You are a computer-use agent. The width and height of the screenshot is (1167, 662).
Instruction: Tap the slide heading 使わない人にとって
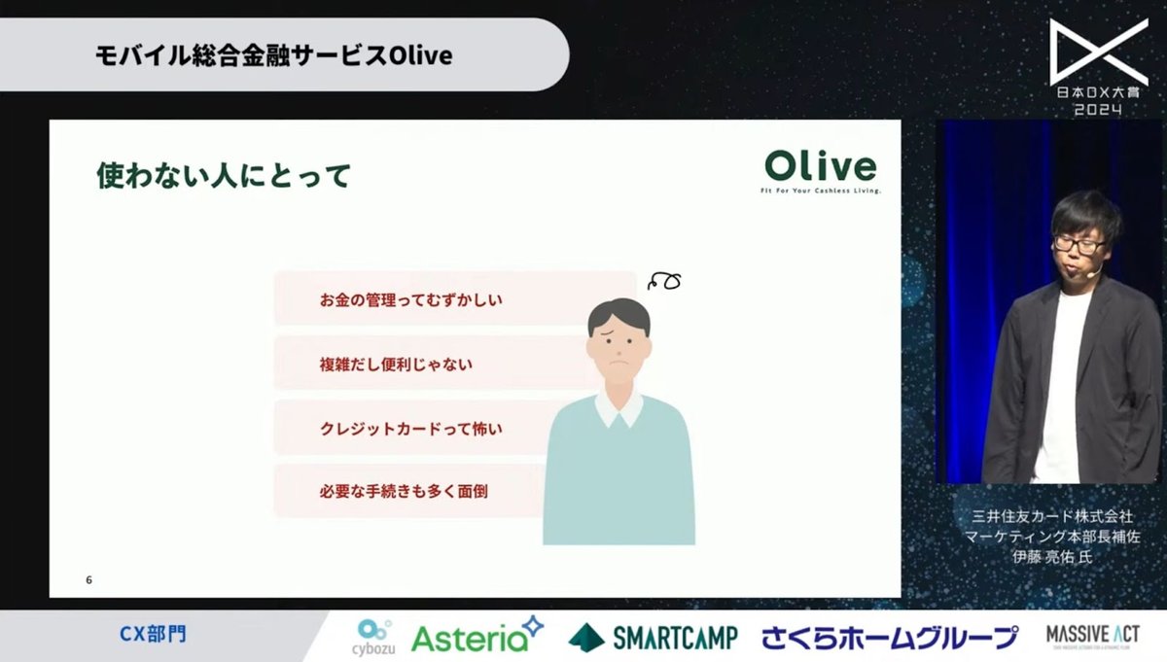click(223, 177)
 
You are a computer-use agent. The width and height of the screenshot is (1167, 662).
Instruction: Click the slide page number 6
click(88, 580)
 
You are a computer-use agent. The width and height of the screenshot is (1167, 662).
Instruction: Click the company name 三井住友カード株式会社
click(1053, 516)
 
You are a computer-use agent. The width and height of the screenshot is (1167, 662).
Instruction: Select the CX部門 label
click(152, 635)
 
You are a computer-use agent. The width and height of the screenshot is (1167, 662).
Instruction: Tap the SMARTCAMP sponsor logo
click(653, 637)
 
